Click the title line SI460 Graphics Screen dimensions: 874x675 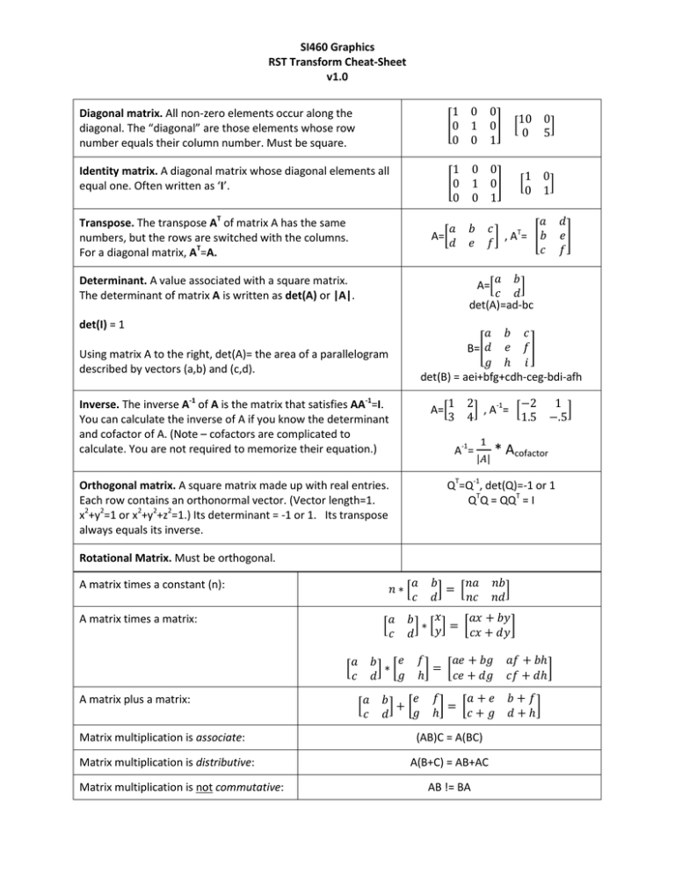coord(337,46)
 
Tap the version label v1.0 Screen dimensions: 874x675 coord(337,77)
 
